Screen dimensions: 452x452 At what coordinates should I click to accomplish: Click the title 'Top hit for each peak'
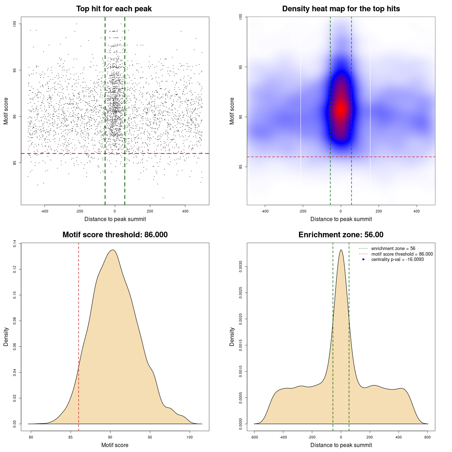coord(114,9)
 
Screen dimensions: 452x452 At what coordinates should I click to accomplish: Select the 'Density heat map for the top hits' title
coord(341,9)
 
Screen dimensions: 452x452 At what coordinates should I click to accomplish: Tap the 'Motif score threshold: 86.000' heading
coord(115,235)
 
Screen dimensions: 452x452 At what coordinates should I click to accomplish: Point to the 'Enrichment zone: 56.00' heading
coord(341,235)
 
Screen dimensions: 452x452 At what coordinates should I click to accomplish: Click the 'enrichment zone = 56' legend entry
coord(393,249)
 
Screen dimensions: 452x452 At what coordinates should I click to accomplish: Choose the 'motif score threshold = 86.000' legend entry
coord(402,254)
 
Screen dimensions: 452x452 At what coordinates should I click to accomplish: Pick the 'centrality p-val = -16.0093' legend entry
coord(397,260)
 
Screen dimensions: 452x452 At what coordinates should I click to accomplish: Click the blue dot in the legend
coord(363,260)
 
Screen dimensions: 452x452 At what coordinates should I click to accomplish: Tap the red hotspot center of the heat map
coord(341,109)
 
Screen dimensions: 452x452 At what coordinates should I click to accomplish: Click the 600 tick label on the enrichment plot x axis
coord(428,437)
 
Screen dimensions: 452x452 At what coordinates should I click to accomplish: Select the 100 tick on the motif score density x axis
coord(190,437)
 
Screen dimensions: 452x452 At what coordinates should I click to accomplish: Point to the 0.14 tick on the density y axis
coord(14,243)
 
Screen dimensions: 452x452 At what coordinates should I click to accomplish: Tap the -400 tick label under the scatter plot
coord(44,211)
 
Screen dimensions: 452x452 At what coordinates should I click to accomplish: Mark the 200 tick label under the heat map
coord(379,211)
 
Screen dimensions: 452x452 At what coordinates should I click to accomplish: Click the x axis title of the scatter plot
coord(115,219)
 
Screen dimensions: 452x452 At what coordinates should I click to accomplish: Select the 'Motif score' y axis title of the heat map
coord(232,111)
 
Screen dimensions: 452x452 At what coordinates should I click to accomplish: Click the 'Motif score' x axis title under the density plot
coord(115,445)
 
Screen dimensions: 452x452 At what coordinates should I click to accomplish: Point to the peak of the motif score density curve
coord(113,250)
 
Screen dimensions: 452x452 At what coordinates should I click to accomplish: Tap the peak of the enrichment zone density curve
coord(341,250)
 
